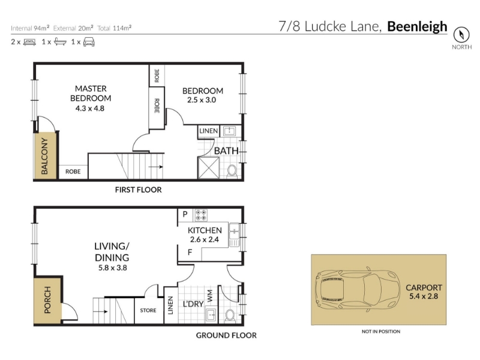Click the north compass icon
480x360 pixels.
[461, 35]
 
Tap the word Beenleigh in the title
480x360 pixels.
[417, 26]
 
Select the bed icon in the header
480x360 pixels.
[29, 42]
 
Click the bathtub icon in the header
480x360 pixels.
[60, 41]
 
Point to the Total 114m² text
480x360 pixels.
[115, 28]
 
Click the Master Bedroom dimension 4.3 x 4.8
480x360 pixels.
[90, 109]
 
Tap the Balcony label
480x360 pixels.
[44, 156]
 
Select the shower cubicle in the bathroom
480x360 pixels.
[209, 168]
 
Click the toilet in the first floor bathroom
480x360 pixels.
[232, 172]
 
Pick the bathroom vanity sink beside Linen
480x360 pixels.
[229, 131]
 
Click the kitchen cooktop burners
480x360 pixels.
[201, 215]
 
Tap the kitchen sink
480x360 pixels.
[234, 235]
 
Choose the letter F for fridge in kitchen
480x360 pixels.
[190, 253]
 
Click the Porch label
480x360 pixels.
[47, 299]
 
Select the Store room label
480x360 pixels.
[148, 310]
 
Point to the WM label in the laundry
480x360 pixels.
[209, 295]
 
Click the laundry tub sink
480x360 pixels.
[211, 314]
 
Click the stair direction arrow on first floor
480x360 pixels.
[156, 167]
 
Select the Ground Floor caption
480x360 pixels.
[226, 335]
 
